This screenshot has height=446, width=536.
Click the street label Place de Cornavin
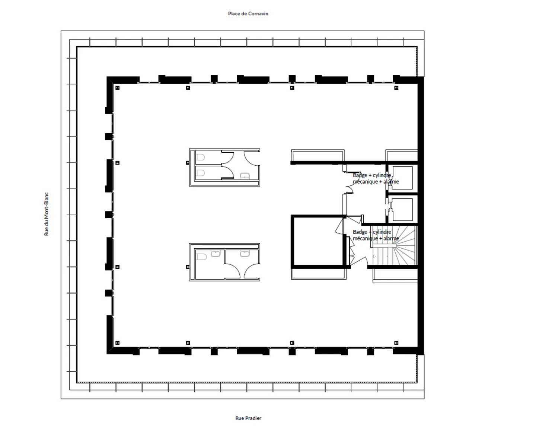coord(248,14)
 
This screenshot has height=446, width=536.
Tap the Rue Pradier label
coord(248,418)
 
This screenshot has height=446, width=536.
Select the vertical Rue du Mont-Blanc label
coord(47,214)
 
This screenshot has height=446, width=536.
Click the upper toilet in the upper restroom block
coord(200,157)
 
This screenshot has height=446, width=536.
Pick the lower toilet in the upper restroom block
coord(200,173)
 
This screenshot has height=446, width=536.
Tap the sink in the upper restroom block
coord(245,176)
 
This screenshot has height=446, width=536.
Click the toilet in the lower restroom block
coord(201,257)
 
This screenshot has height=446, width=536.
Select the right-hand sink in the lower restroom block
coord(244,254)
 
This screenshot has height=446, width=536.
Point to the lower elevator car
coord(402,209)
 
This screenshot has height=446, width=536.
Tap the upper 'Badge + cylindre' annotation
coord(376,178)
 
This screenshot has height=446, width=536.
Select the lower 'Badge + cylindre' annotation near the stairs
coord(376,235)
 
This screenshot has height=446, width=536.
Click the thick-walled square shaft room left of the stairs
coord(318,241)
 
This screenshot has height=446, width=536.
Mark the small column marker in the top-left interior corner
coord(118,88)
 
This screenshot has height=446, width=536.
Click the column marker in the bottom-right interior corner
coord(396,343)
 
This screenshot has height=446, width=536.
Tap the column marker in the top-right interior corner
coord(396,88)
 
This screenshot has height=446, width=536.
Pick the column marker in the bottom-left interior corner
coord(118,343)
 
